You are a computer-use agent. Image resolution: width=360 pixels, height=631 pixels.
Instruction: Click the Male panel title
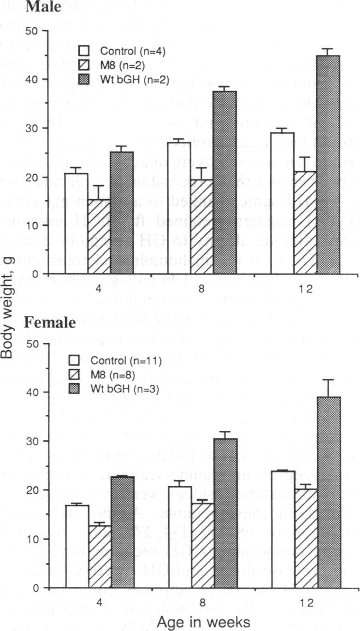[x=43, y=7]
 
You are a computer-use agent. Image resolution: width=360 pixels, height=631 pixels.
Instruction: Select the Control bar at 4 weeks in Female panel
[x=77, y=547]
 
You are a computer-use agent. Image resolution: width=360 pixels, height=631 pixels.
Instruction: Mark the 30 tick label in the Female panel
[x=34, y=441]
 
